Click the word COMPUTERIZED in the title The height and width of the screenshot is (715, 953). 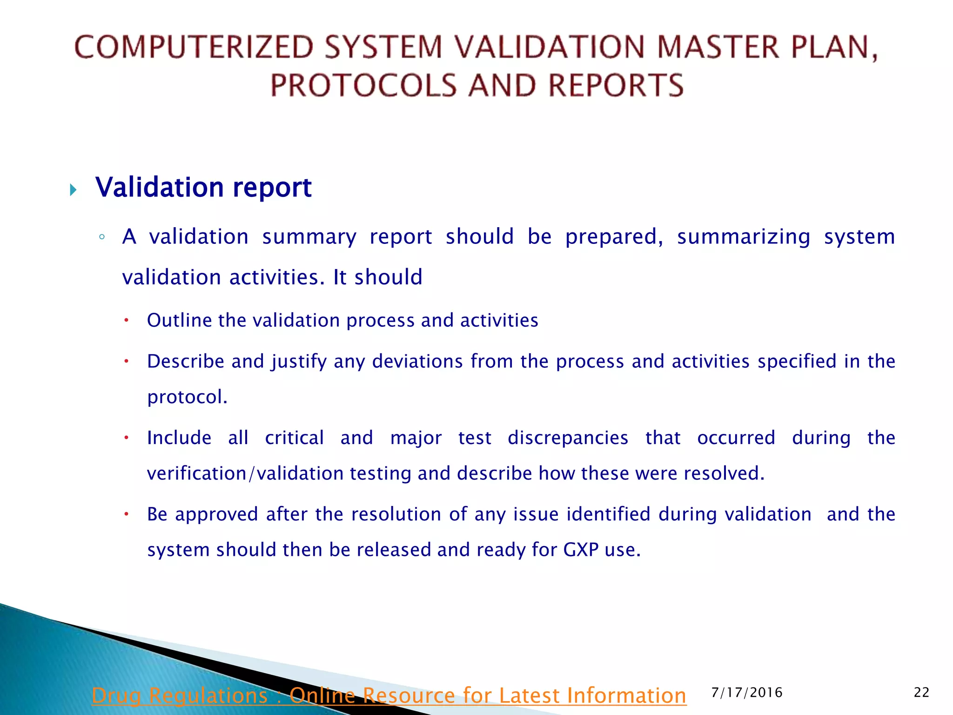[194, 47]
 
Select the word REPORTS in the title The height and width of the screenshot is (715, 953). [616, 86]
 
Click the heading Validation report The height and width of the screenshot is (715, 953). [203, 188]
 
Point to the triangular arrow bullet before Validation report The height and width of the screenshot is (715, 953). [73, 190]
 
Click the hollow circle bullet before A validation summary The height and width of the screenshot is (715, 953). [102, 237]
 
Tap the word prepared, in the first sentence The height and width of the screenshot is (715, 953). [614, 237]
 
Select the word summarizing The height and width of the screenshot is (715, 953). [743, 237]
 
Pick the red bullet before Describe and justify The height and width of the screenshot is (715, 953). [126, 361]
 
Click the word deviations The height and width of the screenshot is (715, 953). [417, 361]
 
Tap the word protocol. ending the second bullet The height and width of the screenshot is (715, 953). [187, 397]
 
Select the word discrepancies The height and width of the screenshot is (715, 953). [568, 438]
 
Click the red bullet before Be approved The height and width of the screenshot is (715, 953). [126, 514]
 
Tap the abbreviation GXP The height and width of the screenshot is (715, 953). [581, 550]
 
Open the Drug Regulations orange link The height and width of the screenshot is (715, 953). [389, 695]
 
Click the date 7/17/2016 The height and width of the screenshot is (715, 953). [747, 693]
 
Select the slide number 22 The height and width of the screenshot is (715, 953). [921, 693]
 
